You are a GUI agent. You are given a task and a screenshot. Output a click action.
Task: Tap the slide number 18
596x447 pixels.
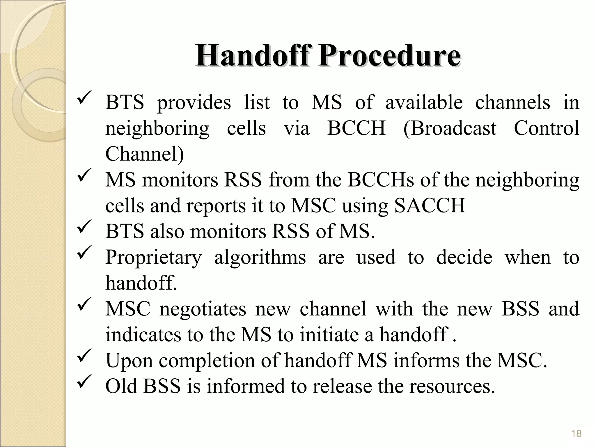[x=576, y=434]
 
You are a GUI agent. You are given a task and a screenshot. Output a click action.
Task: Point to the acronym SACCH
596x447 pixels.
[x=430, y=206]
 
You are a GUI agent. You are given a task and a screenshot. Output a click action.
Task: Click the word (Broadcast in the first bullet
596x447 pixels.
[x=450, y=128]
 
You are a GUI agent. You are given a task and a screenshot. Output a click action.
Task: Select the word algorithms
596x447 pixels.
[x=260, y=257]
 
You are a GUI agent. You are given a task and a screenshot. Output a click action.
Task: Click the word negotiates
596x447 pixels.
[x=203, y=309]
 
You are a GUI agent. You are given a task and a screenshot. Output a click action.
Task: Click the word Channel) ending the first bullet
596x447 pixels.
[x=145, y=154]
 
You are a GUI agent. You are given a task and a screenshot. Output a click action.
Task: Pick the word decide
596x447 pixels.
[x=464, y=257]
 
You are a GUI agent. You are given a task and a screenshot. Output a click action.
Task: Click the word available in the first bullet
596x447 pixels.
[x=424, y=102]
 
